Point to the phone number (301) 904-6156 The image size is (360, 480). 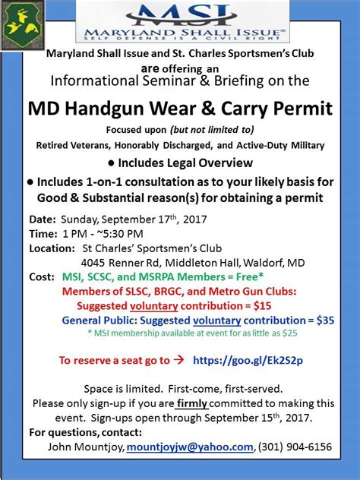[297, 447]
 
